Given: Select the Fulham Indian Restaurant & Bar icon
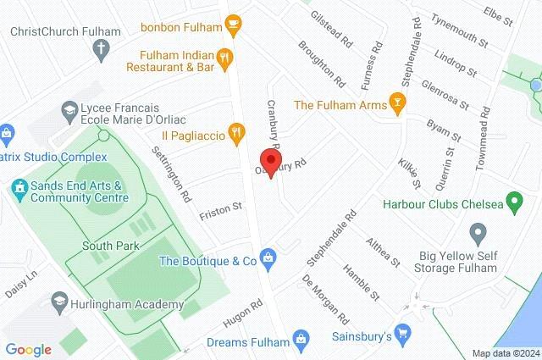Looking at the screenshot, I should [x=224, y=58].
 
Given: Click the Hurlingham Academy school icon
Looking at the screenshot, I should [x=59, y=302].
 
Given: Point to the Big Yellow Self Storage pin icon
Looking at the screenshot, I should [x=478, y=231].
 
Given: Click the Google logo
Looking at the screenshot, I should [x=28, y=349].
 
